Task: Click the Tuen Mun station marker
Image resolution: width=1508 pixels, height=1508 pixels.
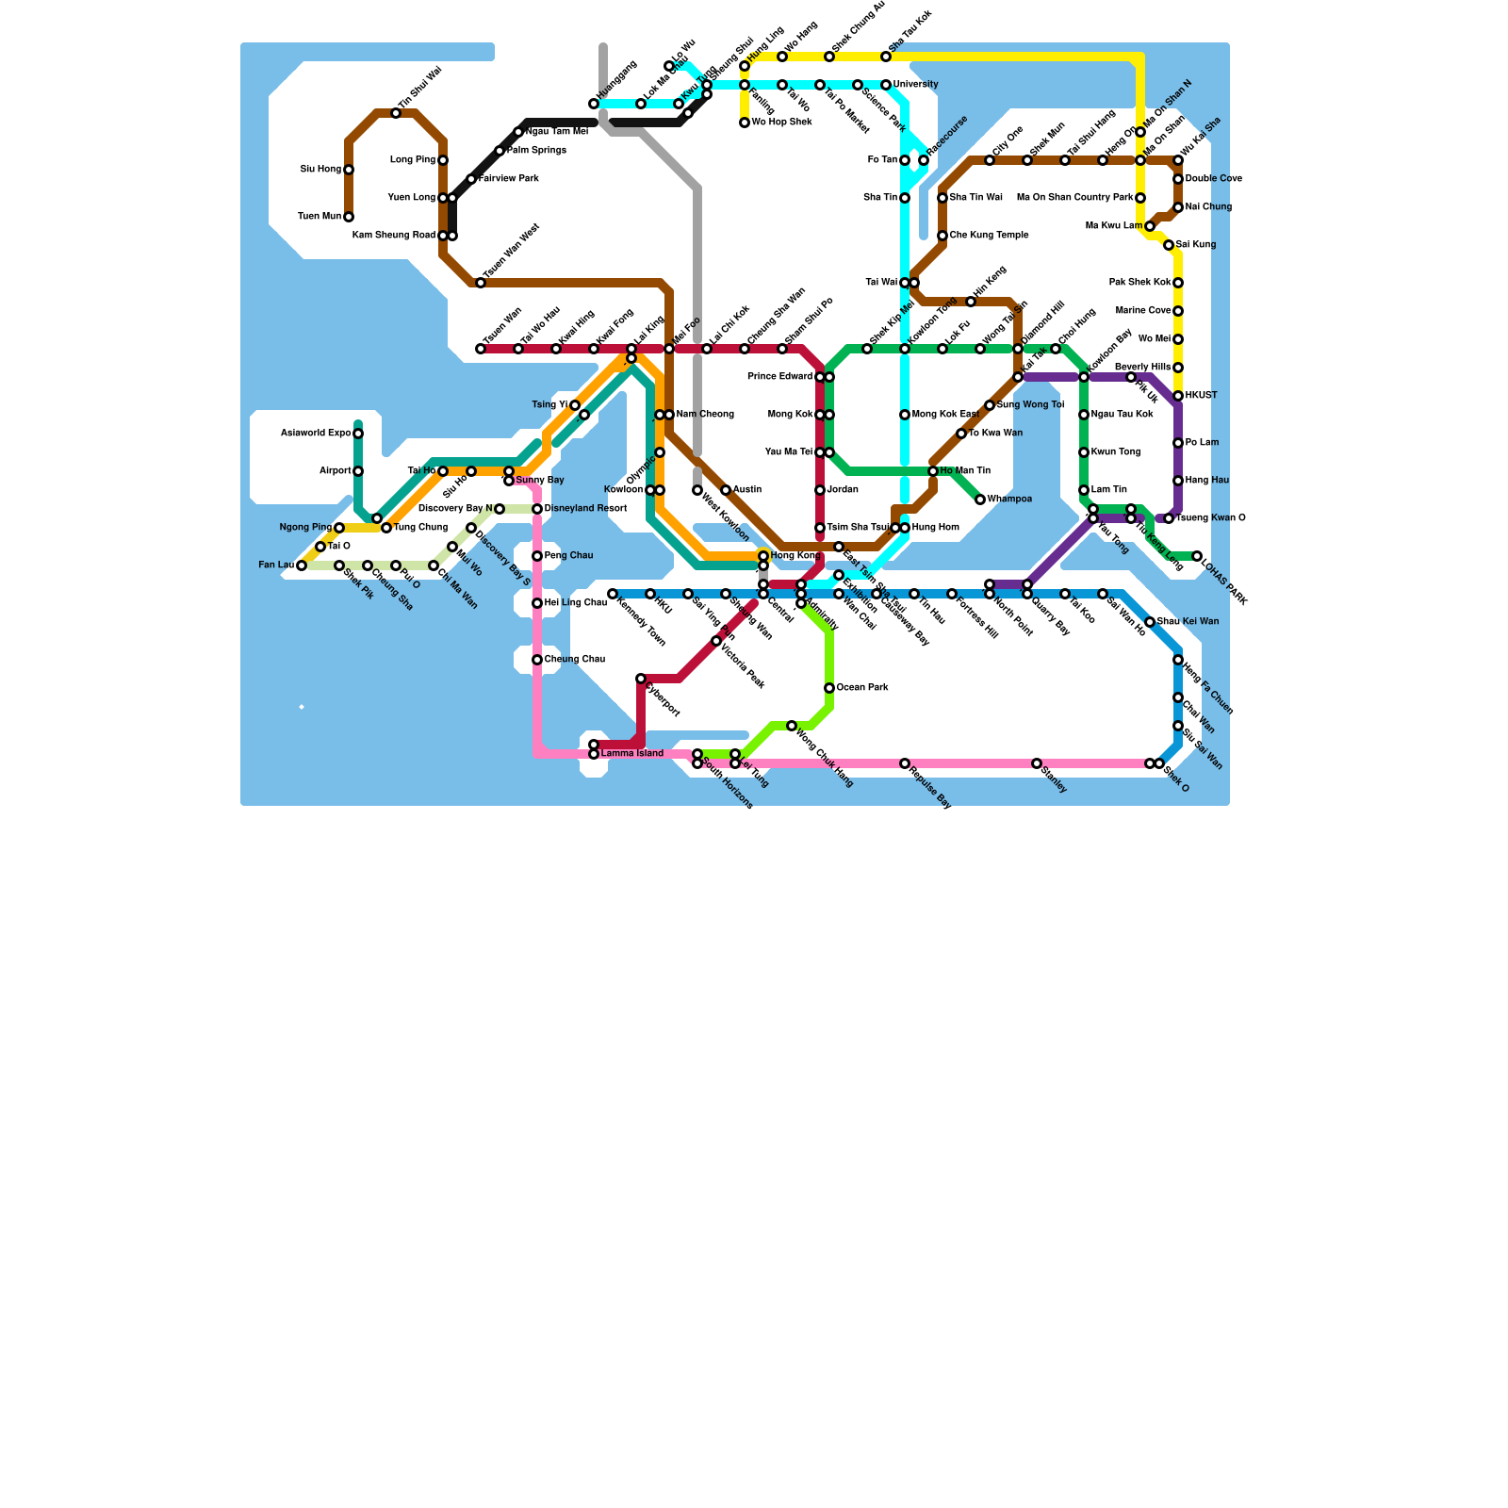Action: (x=349, y=217)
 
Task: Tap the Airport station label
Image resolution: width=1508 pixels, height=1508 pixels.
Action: (x=335, y=471)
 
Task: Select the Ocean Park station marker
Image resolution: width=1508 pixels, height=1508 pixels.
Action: (x=829, y=688)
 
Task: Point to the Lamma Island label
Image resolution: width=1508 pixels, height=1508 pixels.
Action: (x=632, y=754)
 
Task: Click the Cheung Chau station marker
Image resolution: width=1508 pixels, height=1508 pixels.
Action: (x=537, y=660)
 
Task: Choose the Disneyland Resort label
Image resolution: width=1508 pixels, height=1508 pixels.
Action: (x=585, y=509)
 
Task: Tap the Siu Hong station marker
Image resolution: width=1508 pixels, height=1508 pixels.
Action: (x=349, y=170)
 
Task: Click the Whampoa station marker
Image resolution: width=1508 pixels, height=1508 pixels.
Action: (x=980, y=500)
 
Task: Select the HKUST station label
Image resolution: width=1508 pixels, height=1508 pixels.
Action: (x=1201, y=396)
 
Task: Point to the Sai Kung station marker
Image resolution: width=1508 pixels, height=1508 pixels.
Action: (x=1169, y=245)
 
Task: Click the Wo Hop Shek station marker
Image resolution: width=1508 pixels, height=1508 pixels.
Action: (x=745, y=123)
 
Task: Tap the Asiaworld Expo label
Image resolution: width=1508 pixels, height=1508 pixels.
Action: (x=316, y=434)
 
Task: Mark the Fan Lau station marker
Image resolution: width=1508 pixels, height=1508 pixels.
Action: (x=302, y=565)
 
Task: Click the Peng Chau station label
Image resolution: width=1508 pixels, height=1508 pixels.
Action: (x=568, y=556)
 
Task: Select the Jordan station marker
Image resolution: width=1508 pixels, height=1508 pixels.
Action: (x=820, y=490)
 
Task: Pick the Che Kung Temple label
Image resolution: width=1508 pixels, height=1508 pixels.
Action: (x=989, y=236)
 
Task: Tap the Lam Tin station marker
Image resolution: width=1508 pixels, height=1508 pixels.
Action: (x=1084, y=490)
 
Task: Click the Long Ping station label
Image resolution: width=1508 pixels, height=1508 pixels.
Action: (x=413, y=160)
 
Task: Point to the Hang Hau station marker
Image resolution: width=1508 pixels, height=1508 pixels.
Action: (x=1178, y=481)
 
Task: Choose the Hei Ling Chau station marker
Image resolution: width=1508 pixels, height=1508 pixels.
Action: (x=537, y=603)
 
